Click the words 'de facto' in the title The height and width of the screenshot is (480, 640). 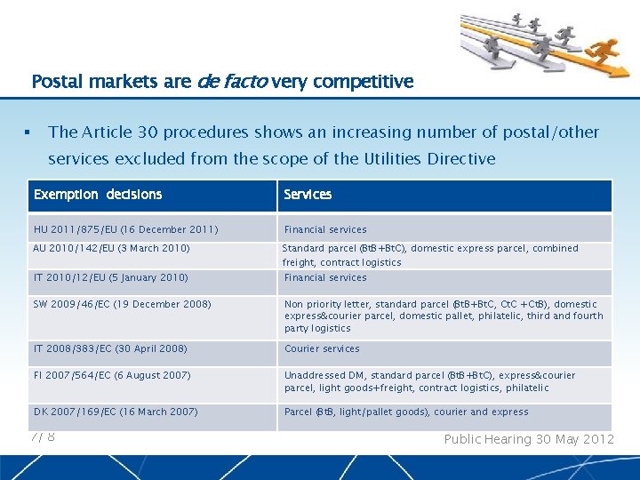tap(231, 82)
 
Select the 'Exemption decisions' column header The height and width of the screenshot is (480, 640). tap(98, 195)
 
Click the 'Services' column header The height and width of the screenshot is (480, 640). tap(308, 195)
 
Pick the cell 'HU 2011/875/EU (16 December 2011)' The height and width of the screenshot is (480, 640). tap(125, 229)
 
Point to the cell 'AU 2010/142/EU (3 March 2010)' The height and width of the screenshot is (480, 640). tap(111, 249)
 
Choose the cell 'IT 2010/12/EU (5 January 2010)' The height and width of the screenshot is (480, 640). tap(110, 277)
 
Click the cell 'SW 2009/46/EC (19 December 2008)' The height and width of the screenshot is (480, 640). tap(123, 304)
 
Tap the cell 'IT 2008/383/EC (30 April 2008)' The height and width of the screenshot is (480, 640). tap(110, 348)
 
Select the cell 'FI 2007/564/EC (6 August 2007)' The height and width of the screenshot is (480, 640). tap(112, 375)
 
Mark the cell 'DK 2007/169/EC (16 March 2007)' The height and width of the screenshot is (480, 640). tap(116, 412)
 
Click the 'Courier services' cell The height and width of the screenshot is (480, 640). tap(322, 348)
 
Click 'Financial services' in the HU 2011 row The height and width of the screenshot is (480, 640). tap(325, 229)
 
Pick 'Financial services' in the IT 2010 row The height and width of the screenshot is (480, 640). tap(325, 277)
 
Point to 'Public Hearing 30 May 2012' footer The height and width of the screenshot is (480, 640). tap(528, 439)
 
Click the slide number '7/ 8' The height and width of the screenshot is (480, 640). tap(43, 436)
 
